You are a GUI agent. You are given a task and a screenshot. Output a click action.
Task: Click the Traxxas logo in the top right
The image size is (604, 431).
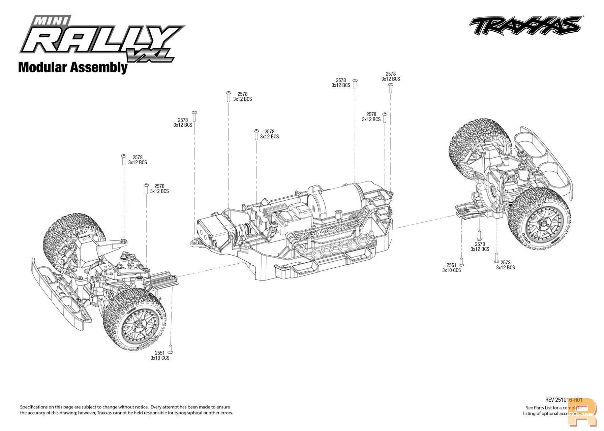525,26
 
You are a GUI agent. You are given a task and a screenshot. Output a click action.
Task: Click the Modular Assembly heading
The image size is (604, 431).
73,67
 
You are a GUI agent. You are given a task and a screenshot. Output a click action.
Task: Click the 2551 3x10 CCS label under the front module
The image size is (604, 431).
160,356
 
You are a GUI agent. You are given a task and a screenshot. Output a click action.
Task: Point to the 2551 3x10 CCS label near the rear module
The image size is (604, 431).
451,268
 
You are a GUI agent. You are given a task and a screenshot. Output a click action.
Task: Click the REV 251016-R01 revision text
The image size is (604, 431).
564,400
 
